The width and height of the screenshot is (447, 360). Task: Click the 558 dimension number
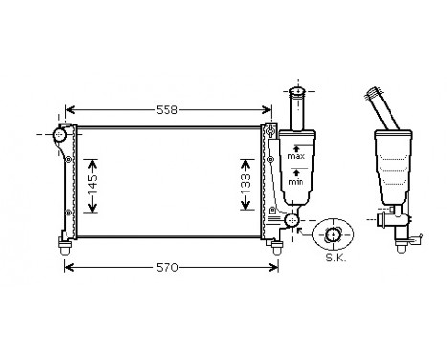click(x=168, y=110)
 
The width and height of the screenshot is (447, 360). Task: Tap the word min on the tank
click(x=299, y=180)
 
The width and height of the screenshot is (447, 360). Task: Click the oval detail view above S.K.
click(x=333, y=235)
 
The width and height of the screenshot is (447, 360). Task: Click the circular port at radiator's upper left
click(x=60, y=136)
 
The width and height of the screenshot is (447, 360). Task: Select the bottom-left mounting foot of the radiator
click(x=65, y=247)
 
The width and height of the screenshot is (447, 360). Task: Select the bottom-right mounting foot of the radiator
click(x=276, y=248)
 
